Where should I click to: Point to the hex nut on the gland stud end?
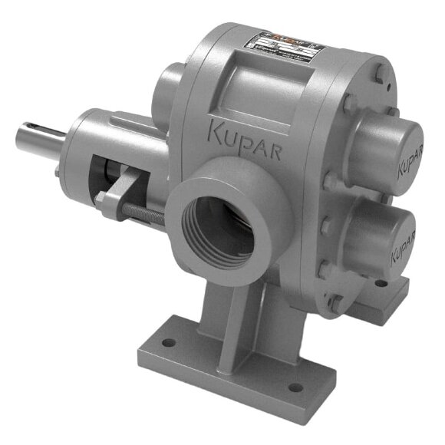[101, 199]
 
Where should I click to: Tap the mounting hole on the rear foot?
[381, 283]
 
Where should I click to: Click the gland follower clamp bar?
[124, 184]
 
